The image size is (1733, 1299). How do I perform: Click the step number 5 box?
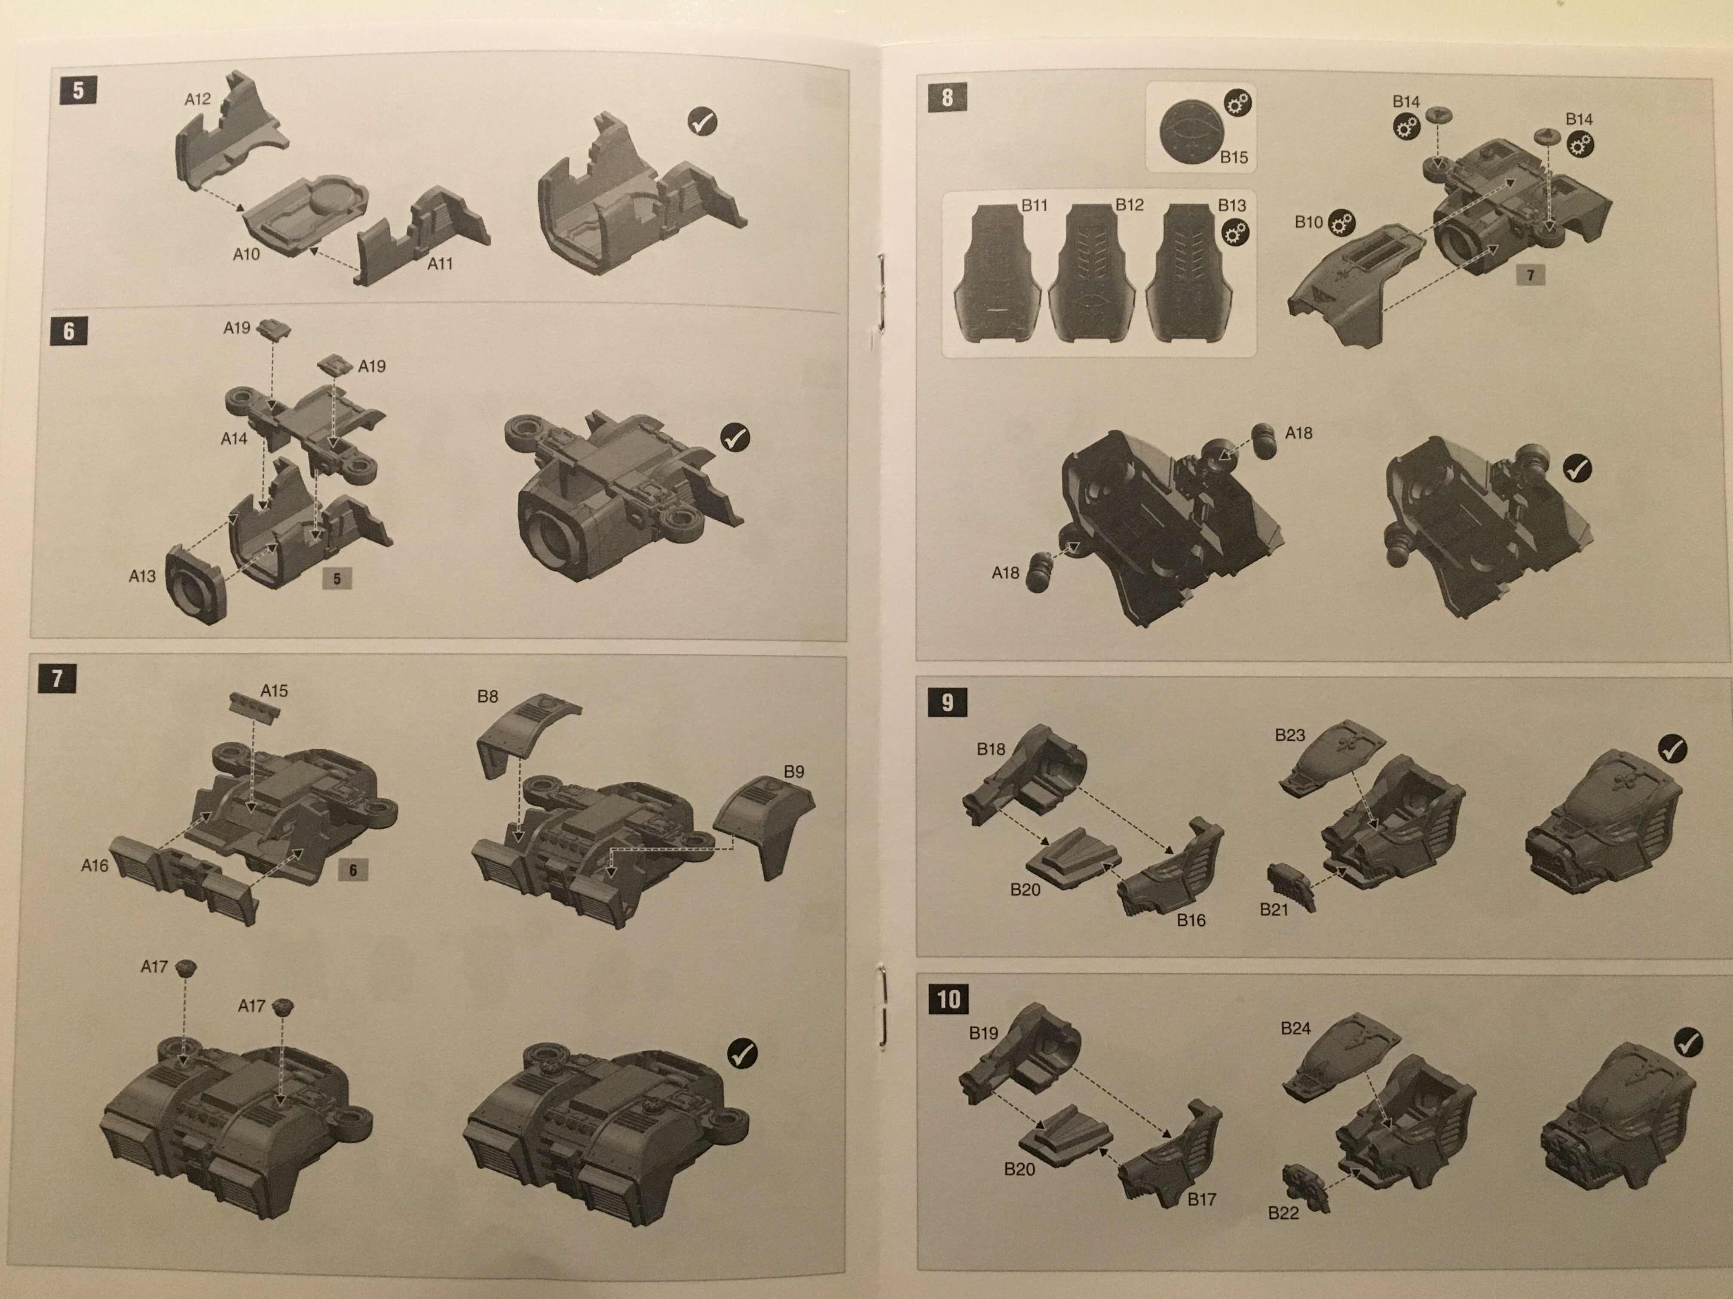(x=78, y=91)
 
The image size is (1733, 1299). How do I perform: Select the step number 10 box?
(x=949, y=999)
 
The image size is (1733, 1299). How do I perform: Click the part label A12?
(x=197, y=99)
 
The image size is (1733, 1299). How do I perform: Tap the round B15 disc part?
(x=1189, y=133)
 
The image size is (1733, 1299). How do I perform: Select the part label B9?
(x=793, y=772)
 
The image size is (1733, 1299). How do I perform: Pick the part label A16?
(x=94, y=865)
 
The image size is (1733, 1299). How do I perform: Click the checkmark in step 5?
(x=702, y=122)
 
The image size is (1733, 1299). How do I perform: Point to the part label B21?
(x=1274, y=910)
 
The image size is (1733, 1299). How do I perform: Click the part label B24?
(x=1295, y=1028)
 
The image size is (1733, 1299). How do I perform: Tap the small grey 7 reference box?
(x=1530, y=275)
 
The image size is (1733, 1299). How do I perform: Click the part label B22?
(x=1283, y=1213)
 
